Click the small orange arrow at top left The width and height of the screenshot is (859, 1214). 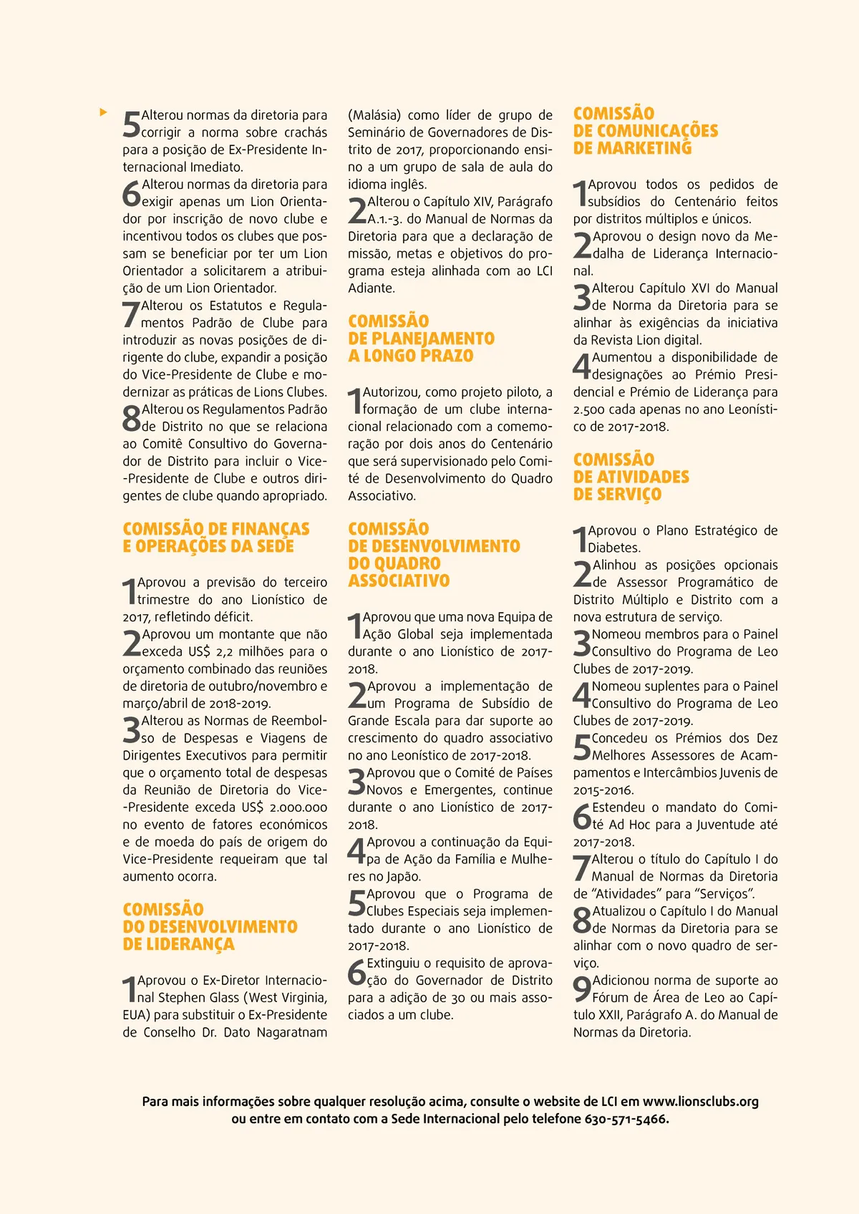coord(104,112)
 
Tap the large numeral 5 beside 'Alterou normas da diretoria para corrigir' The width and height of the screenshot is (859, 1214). coord(132,124)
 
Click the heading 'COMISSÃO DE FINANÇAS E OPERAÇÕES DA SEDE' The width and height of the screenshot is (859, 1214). coord(215,538)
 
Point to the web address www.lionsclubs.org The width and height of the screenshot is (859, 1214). coord(700,1102)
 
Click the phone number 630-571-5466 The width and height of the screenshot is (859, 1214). coord(626,1119)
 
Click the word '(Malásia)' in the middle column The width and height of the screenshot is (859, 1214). coord(374,115)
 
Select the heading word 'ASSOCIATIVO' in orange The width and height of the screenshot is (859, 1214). coord(399,581)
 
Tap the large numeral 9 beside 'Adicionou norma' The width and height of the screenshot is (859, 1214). coord(582,989)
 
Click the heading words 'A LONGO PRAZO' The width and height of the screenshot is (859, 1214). coord(410,356)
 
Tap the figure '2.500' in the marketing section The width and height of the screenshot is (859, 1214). coord(589,409)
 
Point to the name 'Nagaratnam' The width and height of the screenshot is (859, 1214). coord(291,1032)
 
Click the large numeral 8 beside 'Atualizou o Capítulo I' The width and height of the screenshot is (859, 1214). coord(582,919)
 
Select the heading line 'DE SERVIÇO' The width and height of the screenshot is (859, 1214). coord(616,494)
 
